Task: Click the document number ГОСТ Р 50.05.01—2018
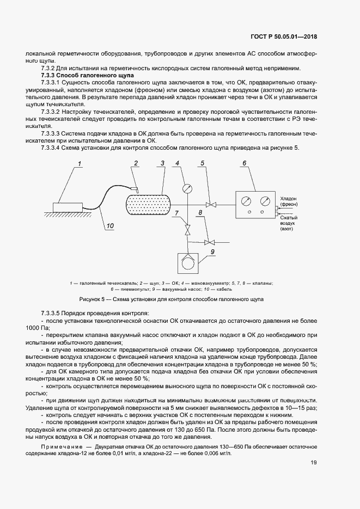[x=284, y=36]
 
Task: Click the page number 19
[x=314, y=463]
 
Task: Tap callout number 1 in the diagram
[x=79, y=163]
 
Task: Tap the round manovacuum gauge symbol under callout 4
[x=187, y=188]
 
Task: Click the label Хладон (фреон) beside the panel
[x=289, y=203]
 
